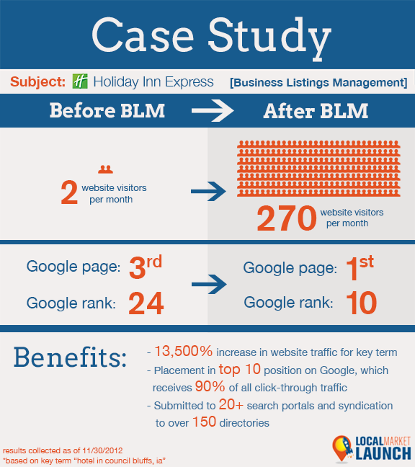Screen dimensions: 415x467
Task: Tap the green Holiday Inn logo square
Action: (x=80, y=81)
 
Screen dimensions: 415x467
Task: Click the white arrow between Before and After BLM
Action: (x=213, y=111)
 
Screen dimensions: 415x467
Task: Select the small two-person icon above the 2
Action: (x=105, y=169)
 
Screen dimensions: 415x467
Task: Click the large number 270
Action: (x=287, y=218)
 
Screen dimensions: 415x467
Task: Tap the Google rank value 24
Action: (x=146, y=303)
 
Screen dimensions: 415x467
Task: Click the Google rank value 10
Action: (x=362, y=303)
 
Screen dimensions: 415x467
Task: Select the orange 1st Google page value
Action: (x=360, y=267)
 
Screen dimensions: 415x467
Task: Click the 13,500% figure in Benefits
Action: (x=184, y=351)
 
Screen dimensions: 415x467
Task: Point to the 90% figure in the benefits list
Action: (x=210, y=386)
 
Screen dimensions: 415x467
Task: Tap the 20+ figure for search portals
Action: (x=231, y=404)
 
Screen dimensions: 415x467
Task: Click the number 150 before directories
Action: (x=204, y=422)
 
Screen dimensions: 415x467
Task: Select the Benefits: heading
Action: (x=71, y=357)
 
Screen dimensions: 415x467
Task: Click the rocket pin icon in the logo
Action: (x=343, y=448)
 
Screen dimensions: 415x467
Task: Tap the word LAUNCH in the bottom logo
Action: (x=383, y=453)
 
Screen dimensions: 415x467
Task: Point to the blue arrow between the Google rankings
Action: (x=209, y=285)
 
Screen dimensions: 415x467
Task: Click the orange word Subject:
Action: (x=37, y=81)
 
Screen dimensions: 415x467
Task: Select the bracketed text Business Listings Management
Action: (x=318, y=82)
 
